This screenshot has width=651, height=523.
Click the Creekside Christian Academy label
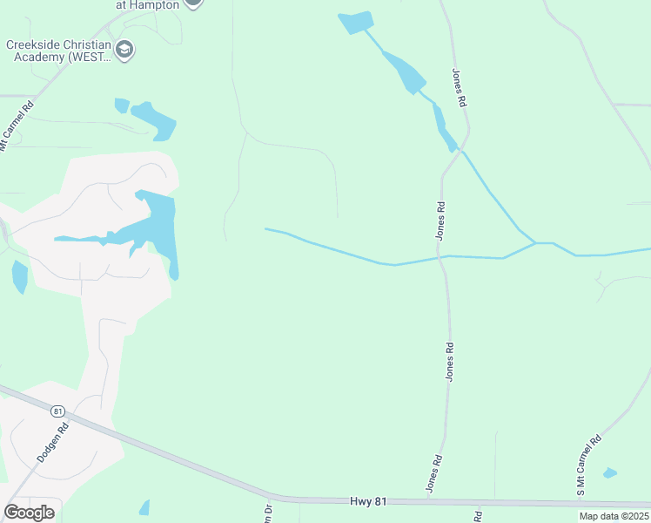[58, 51]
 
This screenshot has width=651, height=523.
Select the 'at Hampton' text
[148, 4]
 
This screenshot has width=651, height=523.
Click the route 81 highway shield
[58, 411]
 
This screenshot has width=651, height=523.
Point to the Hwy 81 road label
[366, 500]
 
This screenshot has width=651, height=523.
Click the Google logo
[29, 512]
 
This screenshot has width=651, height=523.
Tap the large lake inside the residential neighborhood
[157, 224]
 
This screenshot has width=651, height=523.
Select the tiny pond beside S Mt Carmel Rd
[610, 473]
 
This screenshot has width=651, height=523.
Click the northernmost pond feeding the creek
[355, 23]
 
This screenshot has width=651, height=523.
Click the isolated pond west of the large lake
[19, 277]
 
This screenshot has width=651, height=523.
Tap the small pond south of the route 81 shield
[144, 507]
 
